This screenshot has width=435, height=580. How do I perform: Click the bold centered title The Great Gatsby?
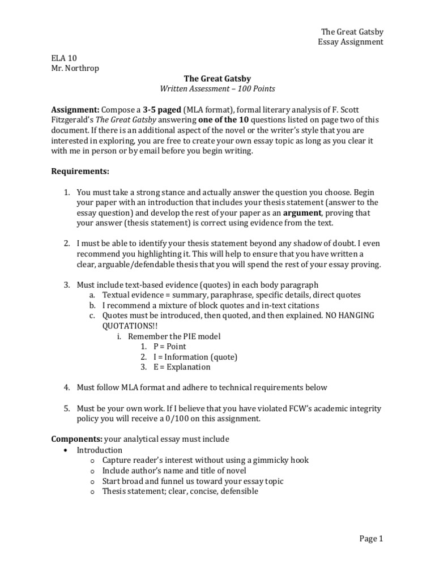(x=218, y=79)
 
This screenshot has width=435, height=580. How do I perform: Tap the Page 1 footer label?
(x=371, y=539)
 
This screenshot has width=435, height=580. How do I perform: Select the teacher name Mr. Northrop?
(x=75, y=68)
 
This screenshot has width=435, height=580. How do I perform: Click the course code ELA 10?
(x=64, y=58)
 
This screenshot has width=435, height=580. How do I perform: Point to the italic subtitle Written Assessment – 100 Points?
(x=217, y=89)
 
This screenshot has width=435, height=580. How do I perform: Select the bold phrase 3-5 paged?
(x=163, y=109)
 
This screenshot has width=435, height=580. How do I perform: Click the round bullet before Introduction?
(x=66, y=450)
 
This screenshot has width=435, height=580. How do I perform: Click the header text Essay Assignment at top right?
(x=350, y=42)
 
